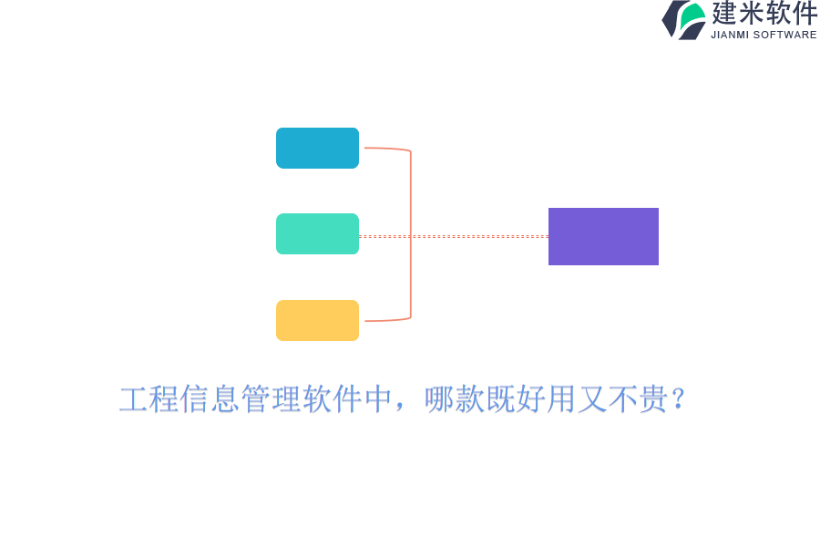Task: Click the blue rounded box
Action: (x=317, y=148)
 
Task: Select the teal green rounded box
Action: (x=317, y=234)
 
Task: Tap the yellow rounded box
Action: (x=317, y=320)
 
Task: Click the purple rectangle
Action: (x=603, y=237)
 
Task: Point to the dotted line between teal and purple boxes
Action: (x=454, y=237)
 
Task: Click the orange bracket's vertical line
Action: (x=411, y=234)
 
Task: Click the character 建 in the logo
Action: (x=724, y=13)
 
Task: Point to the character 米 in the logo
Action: (x=751, y=13)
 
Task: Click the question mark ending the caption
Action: (x=679, y=399)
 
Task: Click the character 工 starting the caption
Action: (x=134, y=399)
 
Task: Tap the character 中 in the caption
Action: (x=379, y=399)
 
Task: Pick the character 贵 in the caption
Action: (x=653, y=399)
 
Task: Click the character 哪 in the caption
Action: (x=439, y=399)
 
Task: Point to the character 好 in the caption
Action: (x=530, y=399)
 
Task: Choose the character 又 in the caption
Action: (x=592, y=399)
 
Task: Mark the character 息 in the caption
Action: (x=225, y=399)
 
